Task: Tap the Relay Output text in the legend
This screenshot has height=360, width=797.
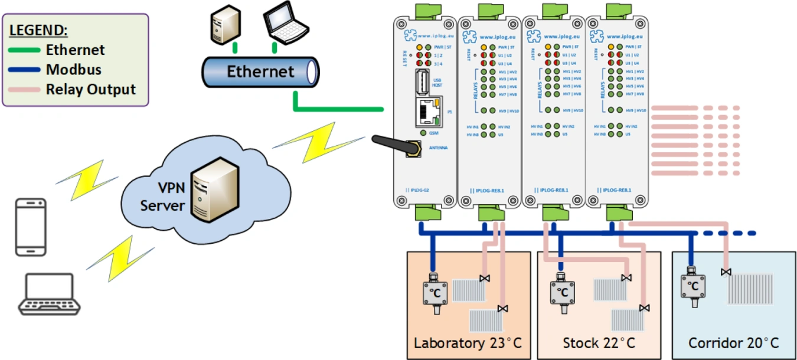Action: [x=91, y=90]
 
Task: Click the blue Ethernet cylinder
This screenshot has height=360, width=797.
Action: [x=260, y=73]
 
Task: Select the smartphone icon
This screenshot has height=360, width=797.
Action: [x=30, y=227]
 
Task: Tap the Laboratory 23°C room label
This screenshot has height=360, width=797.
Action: [x=468, y=343]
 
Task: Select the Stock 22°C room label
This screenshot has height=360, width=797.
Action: [x=599, y=343]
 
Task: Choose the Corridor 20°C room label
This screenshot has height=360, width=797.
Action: [x=733, y=343]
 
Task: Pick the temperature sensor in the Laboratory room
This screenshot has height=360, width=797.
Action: [x=435, y=291]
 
